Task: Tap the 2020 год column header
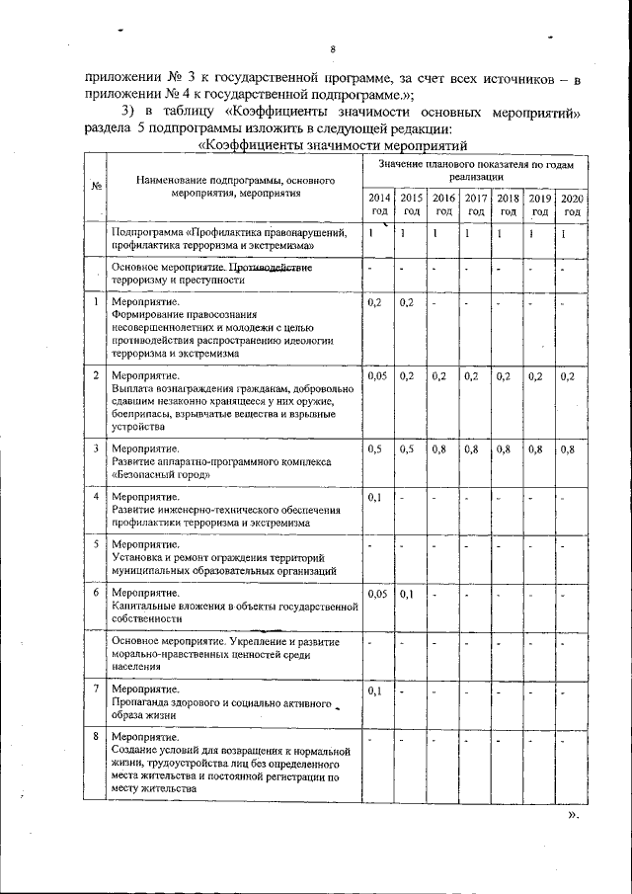pyautogui.click(x=571, y=204)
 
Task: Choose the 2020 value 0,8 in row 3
pyautogui.click(x=567, y=449)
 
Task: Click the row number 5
pyautogui.click(x=95, y=544)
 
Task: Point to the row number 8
pyautogui.click(x=95, y=737)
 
